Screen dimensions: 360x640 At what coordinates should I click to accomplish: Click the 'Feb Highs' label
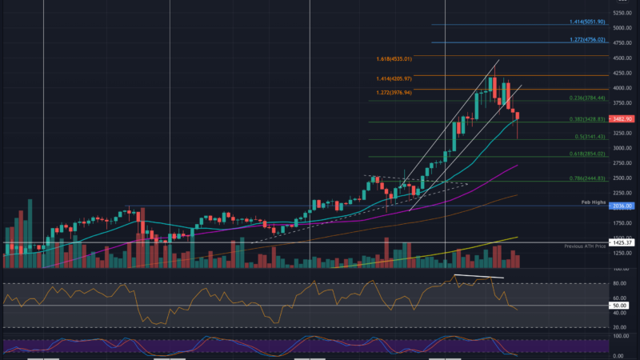pyautogui.click(x=594, y=203)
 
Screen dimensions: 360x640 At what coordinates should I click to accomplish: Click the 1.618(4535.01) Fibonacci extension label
pyautogui.click(x=394, y=59)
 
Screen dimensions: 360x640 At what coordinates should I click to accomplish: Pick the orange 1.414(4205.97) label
pyautogui.click(x=394, y=78)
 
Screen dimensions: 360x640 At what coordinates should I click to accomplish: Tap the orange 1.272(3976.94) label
pyautogui.click(x=394, y=92)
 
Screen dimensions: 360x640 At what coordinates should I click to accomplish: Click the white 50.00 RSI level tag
pyautogui.click(x=619, y=306)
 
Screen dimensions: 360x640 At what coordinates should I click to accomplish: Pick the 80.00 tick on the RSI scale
pyautogui.click(x=618, y=282)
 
